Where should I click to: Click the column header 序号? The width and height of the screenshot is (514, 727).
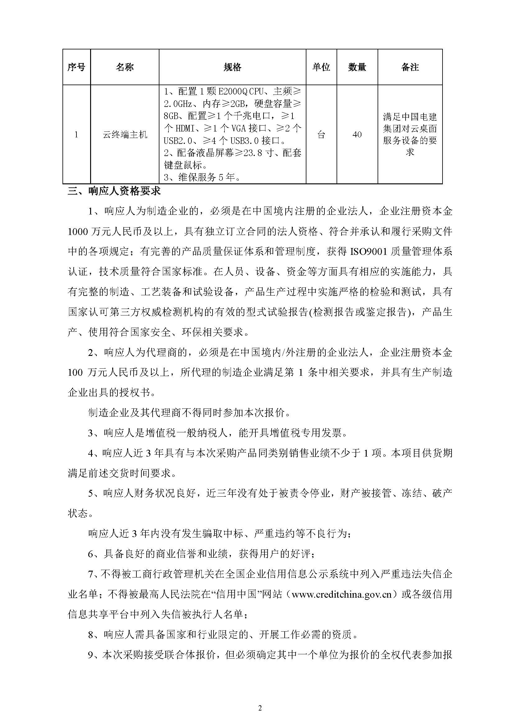76,67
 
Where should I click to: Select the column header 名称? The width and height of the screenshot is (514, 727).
125,67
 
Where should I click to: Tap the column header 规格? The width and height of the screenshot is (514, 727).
232,67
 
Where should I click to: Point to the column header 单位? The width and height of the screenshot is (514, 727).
321,67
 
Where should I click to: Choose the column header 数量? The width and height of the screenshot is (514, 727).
357,67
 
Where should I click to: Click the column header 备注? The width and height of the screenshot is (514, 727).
410,67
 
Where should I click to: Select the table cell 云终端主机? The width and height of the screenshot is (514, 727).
125,135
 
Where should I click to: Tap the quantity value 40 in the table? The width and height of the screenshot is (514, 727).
357,135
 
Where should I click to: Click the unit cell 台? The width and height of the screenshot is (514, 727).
321,135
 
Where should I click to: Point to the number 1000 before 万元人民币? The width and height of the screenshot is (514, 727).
78,232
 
